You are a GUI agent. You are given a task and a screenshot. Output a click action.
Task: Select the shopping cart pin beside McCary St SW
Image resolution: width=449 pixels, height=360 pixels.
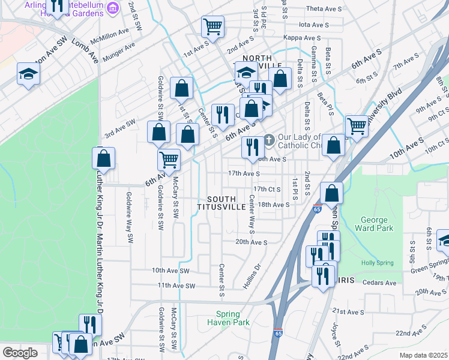tap(169, 160)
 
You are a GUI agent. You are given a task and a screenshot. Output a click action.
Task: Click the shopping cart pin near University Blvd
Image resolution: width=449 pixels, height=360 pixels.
tap(357, 126)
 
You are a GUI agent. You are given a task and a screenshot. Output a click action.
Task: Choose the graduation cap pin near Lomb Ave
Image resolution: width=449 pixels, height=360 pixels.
tap(28, 74)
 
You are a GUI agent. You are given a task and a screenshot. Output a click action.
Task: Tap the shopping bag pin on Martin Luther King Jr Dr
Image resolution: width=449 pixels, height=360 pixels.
tap(103, 159)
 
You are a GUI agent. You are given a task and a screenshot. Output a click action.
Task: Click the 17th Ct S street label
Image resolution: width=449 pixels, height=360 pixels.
tap(267, 188)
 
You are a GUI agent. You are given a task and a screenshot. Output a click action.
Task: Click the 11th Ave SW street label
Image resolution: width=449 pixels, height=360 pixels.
tap(173, 286)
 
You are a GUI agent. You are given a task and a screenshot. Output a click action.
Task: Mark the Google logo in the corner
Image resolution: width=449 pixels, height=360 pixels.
tap(20, 353)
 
